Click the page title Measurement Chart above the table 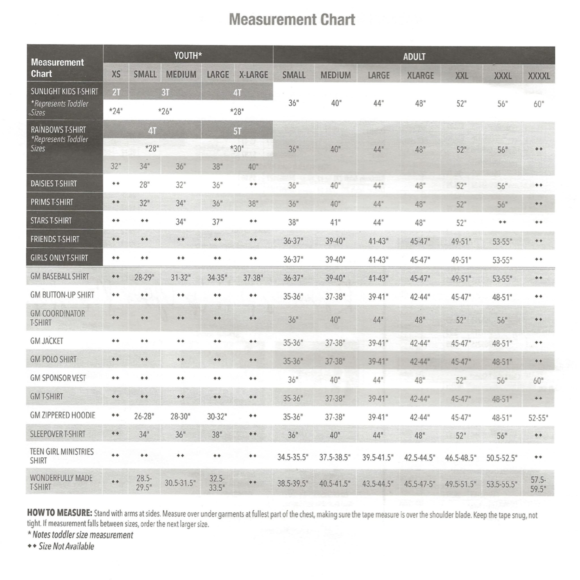coord(292,20)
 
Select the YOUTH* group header coord(188,56)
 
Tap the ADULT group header coord(414,56)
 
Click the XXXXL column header coord(539,76)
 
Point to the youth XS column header coord(116,74)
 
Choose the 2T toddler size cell coord(116,92)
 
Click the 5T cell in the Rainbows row coord(237,131)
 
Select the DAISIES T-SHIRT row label coord(54,184)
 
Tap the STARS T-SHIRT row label coord(51,221)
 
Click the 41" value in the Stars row coord(335,222)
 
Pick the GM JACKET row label coord(46,341)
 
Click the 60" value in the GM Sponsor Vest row coord(538,381)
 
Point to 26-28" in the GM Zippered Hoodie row coord(144,416)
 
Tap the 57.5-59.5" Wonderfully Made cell coord(538,484)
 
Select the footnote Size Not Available coord(66,546)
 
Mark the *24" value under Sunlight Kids coord(116,111)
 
